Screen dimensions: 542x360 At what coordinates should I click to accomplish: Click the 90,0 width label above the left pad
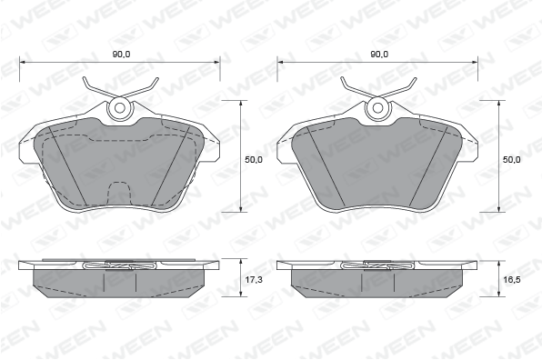[121, 55]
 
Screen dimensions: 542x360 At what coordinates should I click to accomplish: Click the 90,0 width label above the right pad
[379, 55]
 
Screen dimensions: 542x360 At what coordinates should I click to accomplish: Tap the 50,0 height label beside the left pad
[254, 160]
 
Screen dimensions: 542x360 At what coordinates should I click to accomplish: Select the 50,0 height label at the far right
[512, 160]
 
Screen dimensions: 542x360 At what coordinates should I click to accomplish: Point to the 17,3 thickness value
[254, 279]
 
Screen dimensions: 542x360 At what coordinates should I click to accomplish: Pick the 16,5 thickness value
[512, 279]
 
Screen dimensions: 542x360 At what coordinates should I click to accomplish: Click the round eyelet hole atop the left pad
[120, 108]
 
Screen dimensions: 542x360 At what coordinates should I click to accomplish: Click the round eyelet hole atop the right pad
[377, 108]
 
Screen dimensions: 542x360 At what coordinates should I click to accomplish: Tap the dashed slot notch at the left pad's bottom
[120, 193]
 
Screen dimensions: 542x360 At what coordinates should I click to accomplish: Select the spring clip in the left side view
[120, 265]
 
